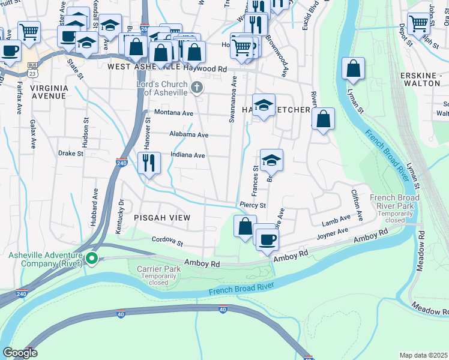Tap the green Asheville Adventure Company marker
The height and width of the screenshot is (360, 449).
tap(91, 259)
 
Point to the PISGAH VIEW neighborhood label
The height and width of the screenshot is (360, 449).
tap(162, 218)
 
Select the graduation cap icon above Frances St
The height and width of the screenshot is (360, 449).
tap(271, 160)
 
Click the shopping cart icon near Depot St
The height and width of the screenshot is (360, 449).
tap(418, 24)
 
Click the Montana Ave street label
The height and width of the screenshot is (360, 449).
tap(173, 113)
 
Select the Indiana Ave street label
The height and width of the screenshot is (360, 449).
tap(187, 155)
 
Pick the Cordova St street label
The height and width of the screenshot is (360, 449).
tap(167, 241)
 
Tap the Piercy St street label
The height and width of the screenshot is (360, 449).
tap(252, 205)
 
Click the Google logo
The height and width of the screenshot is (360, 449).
tap(19, 353)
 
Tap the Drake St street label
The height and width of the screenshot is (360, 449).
tap(70, 153)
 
